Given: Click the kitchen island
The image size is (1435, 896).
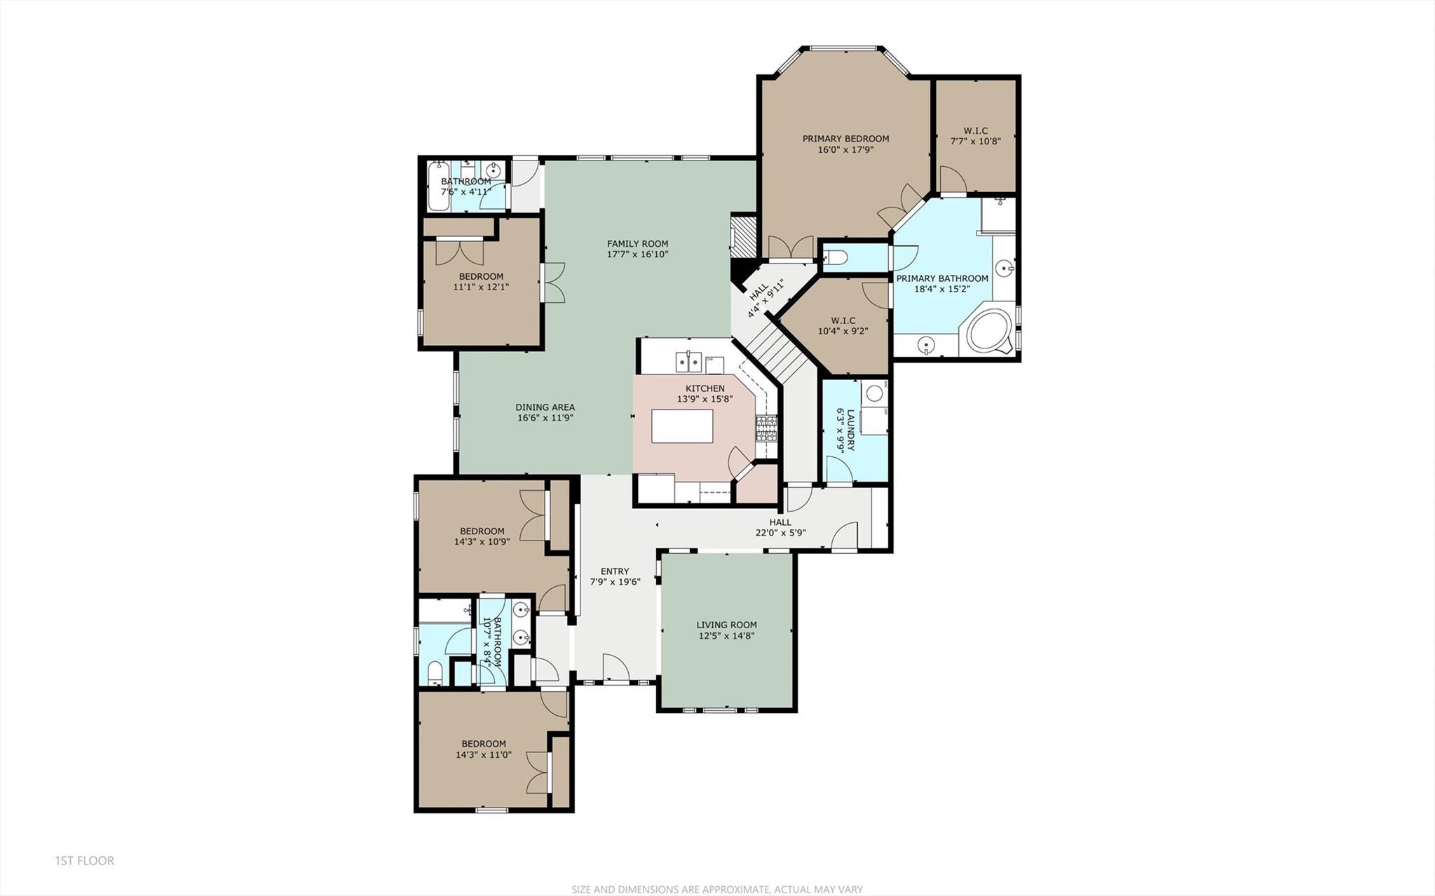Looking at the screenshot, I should tap(682, 426).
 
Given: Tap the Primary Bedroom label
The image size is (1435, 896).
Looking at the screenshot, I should tap(845, 139).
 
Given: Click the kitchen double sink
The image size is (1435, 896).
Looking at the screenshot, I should tap(689, 362).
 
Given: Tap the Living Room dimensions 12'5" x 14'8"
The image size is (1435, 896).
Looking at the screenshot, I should tap(726, 636).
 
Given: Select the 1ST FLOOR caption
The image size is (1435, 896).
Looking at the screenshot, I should tap(84, 860).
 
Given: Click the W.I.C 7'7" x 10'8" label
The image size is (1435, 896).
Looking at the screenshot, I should tap(975, 136).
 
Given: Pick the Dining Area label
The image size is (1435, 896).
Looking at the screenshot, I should tap(545, 407).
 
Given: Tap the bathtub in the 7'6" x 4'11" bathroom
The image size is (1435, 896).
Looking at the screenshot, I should tap(438, 186).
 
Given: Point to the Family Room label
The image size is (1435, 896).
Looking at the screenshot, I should tap(637, 244).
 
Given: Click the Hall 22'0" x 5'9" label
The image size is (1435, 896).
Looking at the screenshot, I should tap(780, 522).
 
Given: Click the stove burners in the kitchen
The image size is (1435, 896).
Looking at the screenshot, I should tap(766, 428).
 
